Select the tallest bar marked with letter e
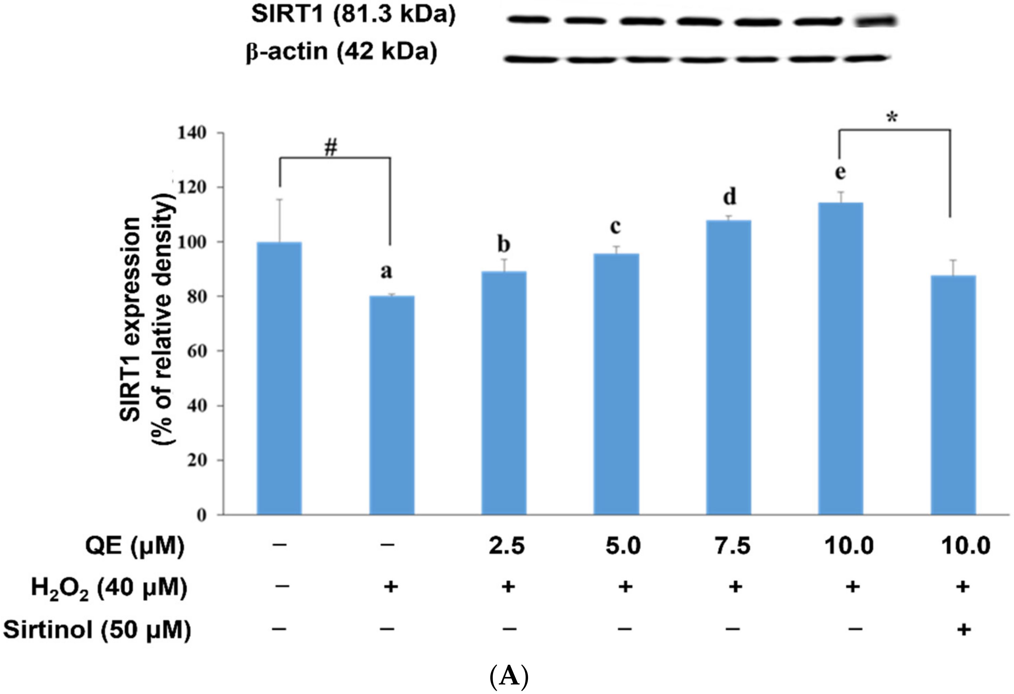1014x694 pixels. [x=840, y=358]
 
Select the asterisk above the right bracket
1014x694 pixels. [x=892, y=118]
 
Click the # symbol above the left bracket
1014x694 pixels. [x=331, y=149]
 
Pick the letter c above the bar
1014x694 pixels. [x=615, y=226]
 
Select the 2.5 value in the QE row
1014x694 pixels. [x=506, y=546]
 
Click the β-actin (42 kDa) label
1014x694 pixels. [x=341, y=52]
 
